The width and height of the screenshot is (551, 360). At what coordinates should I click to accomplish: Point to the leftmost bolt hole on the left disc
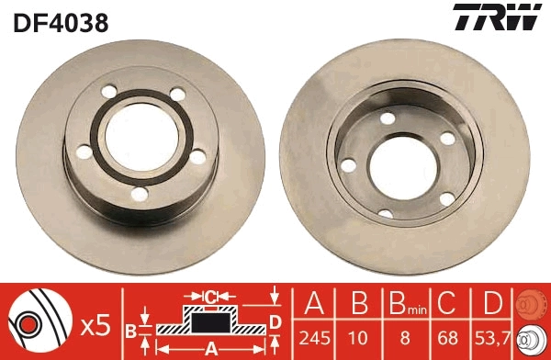[x=84, y=152]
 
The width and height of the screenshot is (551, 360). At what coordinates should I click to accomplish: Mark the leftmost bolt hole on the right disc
[x=349, y=165]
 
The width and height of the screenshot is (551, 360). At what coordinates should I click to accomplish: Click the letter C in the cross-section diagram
[x=210, y=297]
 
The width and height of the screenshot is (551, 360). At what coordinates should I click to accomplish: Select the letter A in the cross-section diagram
[x=210, y=348]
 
